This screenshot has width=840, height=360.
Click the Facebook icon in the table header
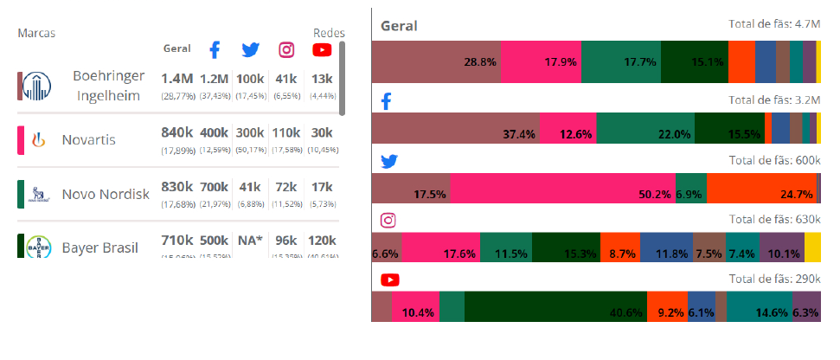click(215, 49)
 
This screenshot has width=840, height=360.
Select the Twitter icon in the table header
click(251, 49)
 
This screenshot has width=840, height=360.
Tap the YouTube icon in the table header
click(322, 49)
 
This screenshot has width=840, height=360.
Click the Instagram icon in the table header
click(286, 49)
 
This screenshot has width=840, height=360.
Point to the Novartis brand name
click(88, 139)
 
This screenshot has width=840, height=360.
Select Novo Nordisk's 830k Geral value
click(176, 185)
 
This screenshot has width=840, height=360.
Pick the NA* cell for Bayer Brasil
click(250, 240)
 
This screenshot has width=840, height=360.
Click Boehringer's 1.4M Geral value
click(176, 79)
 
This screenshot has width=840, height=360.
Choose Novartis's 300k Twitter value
click(250, 132)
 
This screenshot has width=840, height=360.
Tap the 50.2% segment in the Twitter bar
click(562, 188)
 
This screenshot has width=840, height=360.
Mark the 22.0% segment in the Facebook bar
click(644, 128)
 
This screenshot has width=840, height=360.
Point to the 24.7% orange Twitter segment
click(761, 188)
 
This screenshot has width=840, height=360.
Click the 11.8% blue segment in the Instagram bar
click(667, 247)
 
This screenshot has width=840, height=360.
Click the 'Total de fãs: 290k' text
click(773, 279)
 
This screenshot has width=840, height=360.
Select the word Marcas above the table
click(37, 33)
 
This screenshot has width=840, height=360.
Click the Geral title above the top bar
click(399, 26)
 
